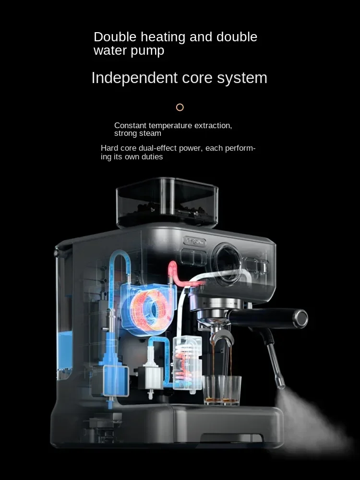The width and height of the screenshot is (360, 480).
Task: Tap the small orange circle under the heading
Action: tap(180, 108)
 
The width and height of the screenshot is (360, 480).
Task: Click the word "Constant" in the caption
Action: tap(130, 125)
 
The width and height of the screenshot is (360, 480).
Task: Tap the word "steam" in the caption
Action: tap(151, 133)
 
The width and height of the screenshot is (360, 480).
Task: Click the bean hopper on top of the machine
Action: tap(167, 202)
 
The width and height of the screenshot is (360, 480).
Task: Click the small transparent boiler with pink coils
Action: tap(186, 362)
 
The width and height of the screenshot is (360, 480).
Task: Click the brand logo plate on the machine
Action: tap(194, 242)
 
